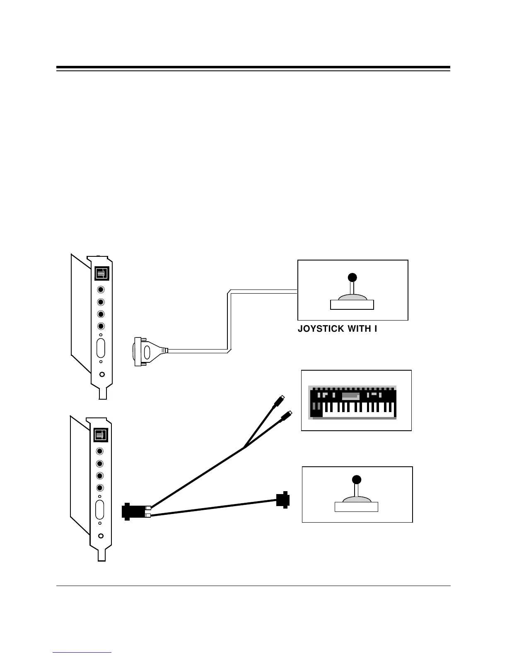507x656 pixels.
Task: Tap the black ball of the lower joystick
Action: [356, 480]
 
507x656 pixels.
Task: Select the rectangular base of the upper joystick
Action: [352, 305]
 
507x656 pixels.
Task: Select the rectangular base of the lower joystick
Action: [356, 507]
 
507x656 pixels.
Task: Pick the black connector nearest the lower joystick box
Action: [283, 500]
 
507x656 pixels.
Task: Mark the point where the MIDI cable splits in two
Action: [244, 447]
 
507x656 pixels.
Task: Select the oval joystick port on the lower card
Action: [100, 509]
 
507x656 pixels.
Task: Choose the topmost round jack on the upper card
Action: [101, 290]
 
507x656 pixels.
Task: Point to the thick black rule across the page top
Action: [253, 67]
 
